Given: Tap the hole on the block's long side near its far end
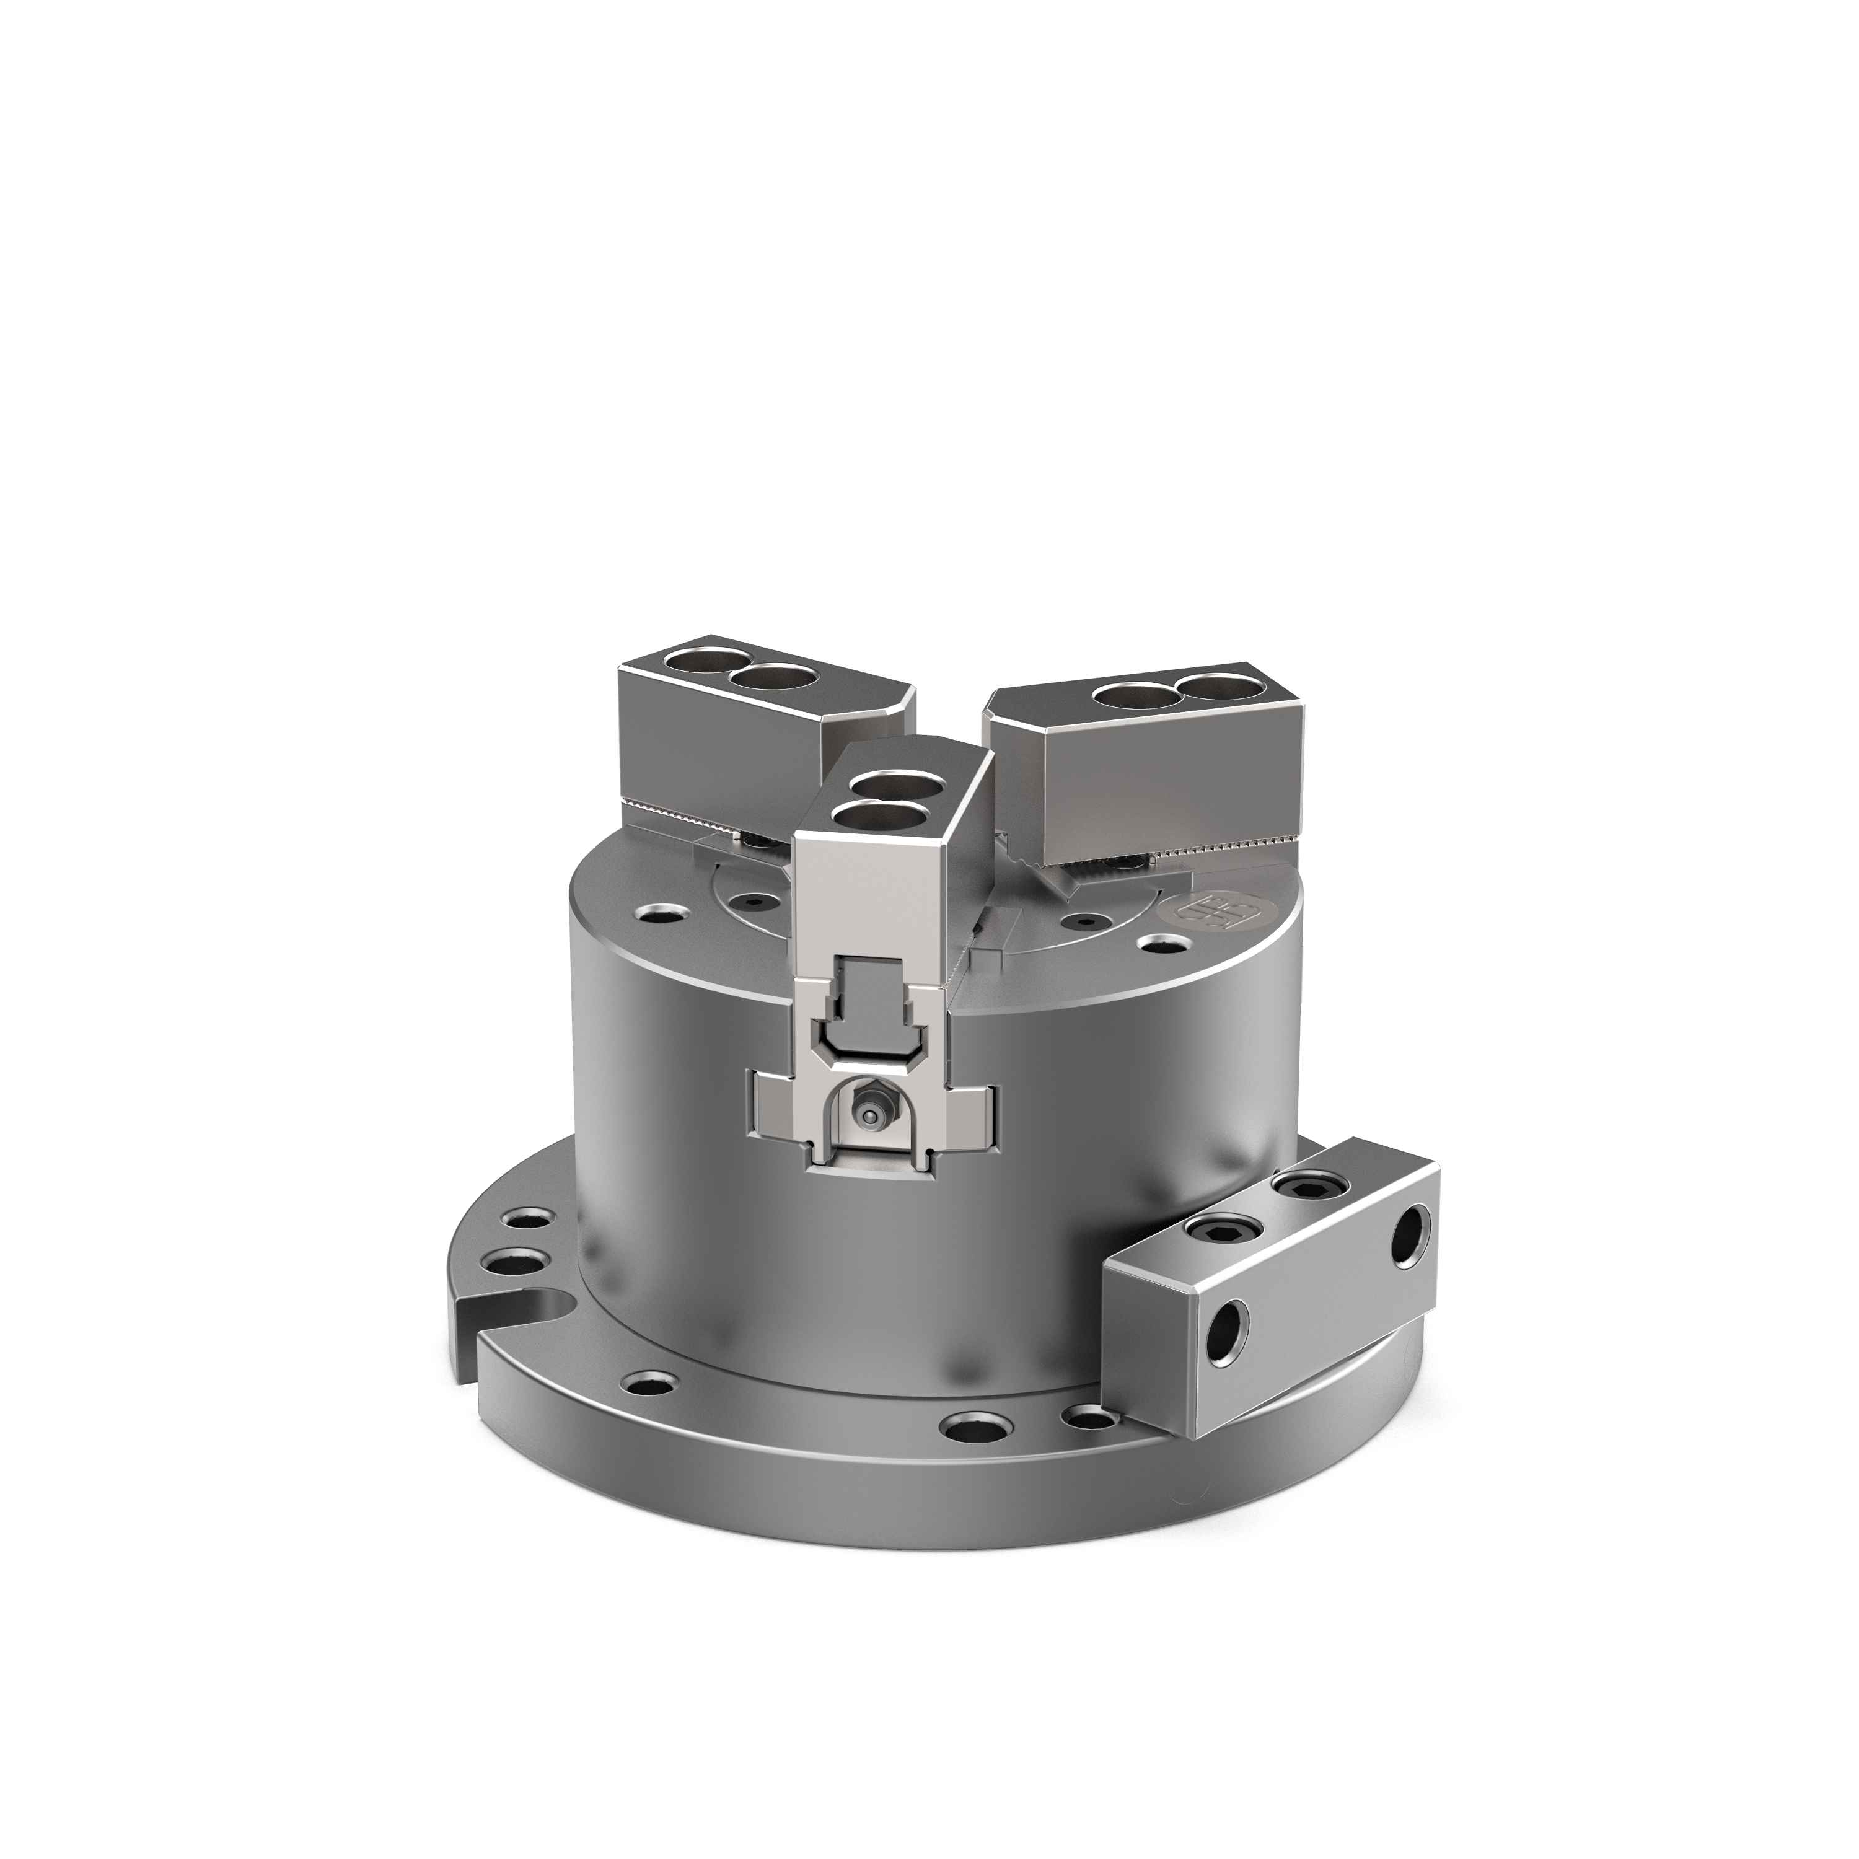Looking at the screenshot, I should [1410, 1250].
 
